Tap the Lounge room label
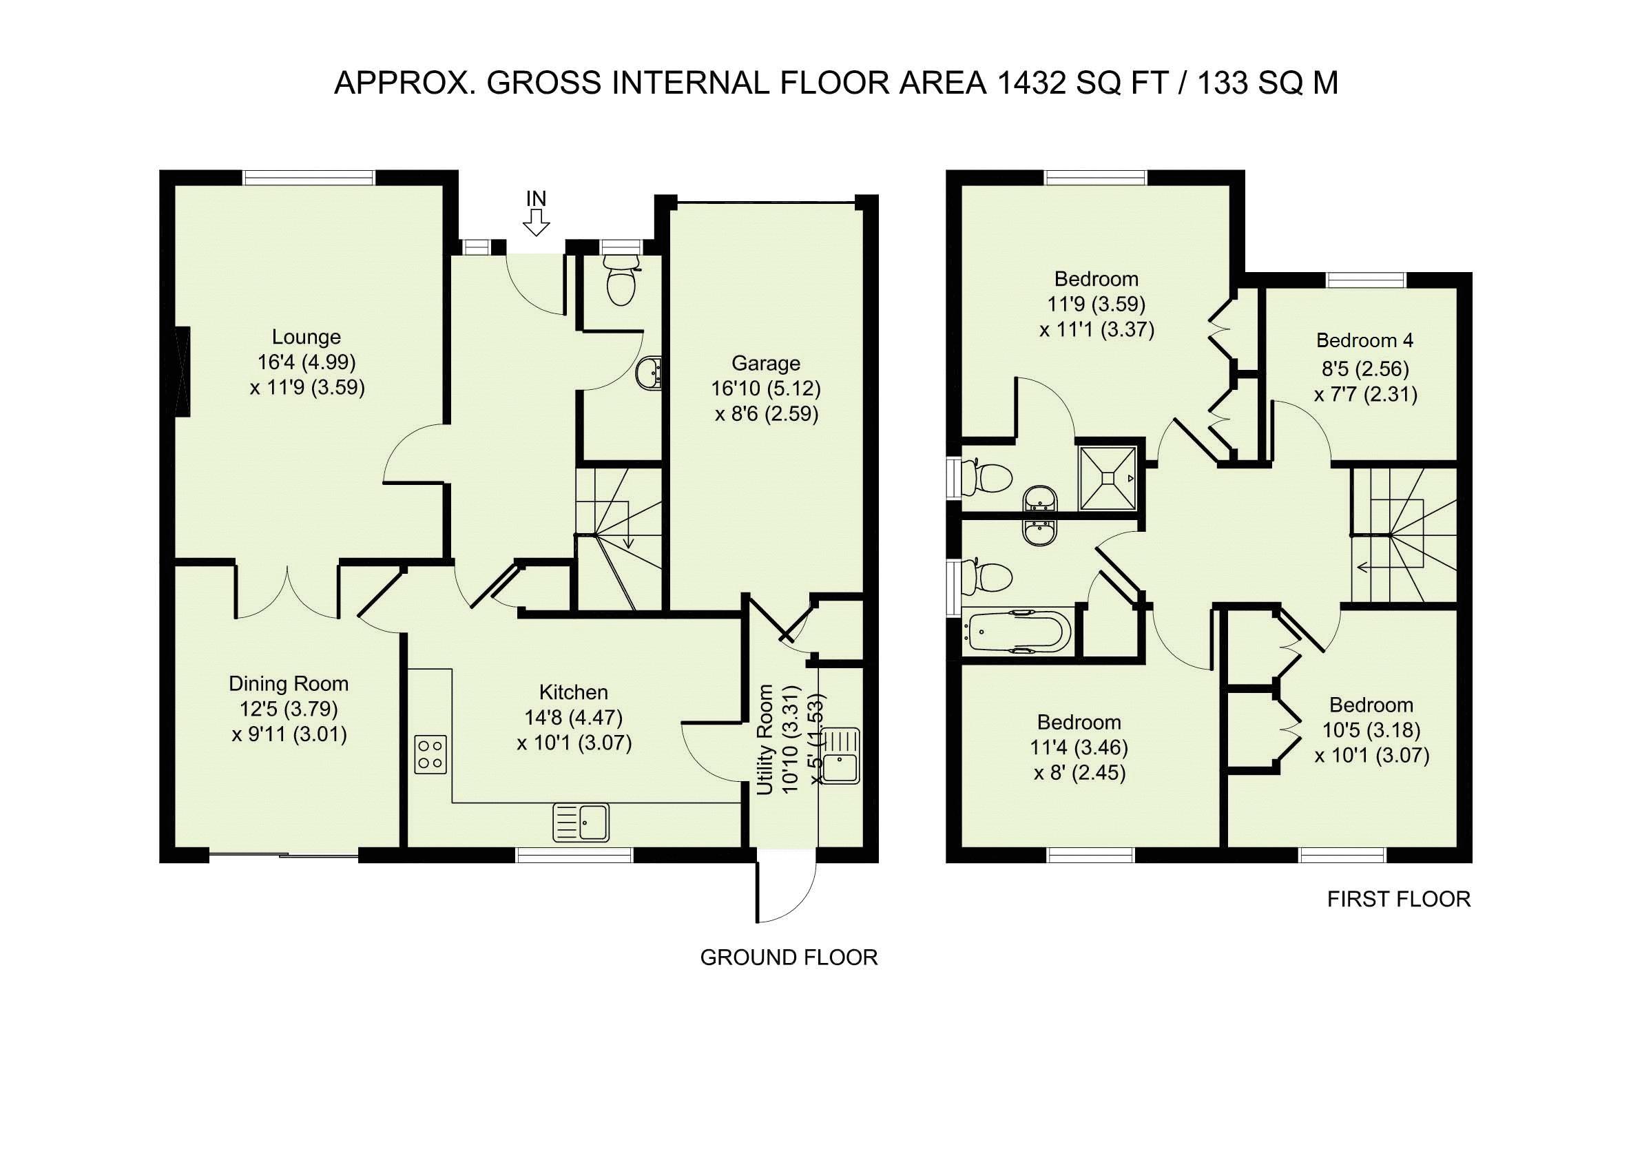(306, 337)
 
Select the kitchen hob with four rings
(430, 754)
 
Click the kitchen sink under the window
(581, 822)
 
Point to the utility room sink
(842, 756)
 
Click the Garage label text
(765, 363)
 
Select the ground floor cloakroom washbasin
(649, 373)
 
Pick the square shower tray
(1108, 478)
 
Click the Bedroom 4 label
(1364, 340)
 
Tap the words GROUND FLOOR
(789, 957)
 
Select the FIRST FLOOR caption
(1399, 899)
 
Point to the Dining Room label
(288, 684)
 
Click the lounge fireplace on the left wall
(184, 371)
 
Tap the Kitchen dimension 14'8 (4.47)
(574, 717)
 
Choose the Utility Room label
(765, 740)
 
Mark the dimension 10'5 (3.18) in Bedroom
(1372, 730)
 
